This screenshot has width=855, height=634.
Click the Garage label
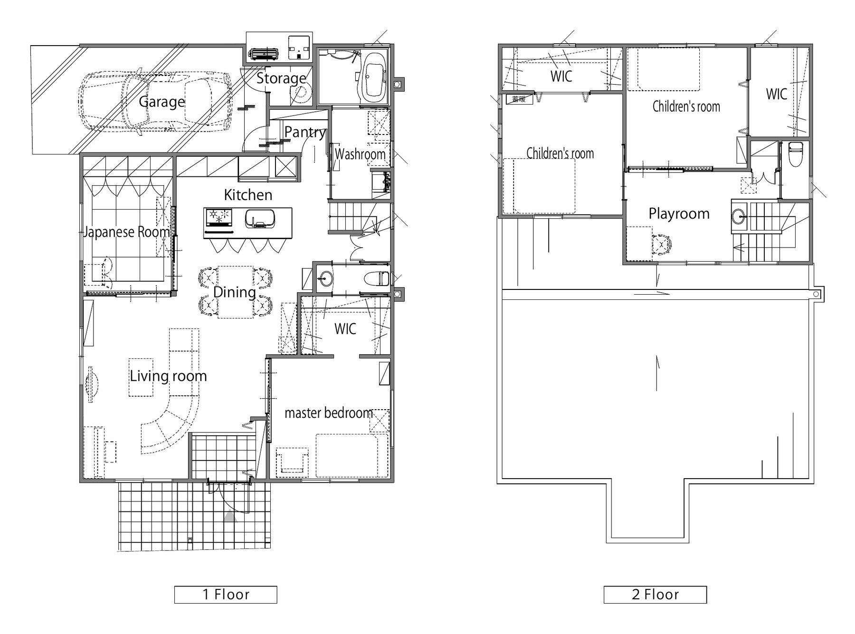161,102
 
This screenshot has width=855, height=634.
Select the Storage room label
281,78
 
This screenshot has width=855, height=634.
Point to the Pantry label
305,132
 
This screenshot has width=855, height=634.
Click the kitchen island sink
259,219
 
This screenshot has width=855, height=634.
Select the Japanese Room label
126,232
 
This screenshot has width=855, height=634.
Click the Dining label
235,292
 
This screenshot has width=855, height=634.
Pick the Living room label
168,376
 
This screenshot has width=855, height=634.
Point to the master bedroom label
329,413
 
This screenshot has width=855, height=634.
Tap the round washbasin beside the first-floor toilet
325,278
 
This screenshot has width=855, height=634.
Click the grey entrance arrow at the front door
230,515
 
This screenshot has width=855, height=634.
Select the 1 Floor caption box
226,595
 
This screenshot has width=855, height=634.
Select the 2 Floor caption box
655,595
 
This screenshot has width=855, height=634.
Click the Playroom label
679,214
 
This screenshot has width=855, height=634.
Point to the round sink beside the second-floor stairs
739,217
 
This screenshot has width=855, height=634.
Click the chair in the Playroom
662,244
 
